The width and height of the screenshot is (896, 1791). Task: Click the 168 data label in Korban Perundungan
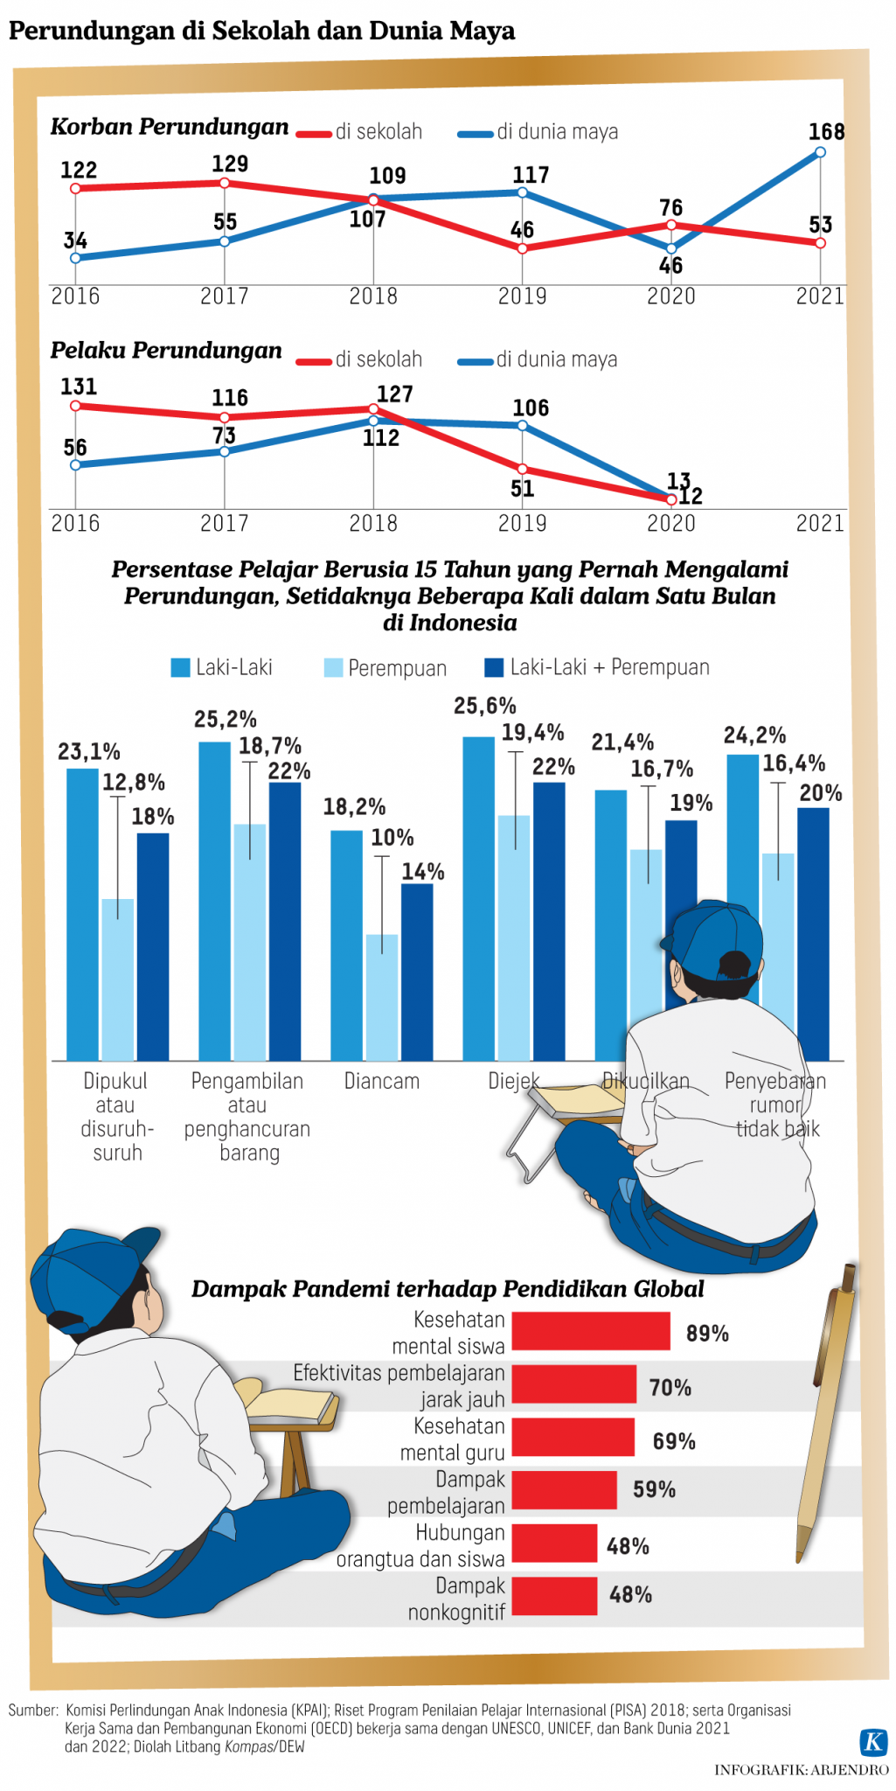point(826,132)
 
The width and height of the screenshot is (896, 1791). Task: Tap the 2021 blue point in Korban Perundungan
point(820,152)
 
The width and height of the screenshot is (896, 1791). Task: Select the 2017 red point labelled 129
point(225,183)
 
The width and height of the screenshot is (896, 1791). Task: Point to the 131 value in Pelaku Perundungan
point(79,387)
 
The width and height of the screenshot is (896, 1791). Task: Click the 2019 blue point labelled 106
point(522,426)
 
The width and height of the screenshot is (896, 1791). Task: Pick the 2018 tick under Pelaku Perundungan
point(373,523)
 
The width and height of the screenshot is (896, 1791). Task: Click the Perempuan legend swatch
point(333,668)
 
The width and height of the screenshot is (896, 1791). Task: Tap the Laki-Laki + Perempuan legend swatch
point(494,668)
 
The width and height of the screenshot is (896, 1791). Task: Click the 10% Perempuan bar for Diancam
point(382,997)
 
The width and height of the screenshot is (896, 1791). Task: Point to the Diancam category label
point(382,1081)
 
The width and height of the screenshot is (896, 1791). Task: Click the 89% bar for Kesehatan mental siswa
point(591,1332)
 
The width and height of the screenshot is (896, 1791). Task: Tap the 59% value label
point(654,1489)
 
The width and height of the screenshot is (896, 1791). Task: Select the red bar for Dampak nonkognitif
point(554,1596)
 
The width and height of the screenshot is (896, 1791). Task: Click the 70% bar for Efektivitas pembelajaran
point(573,1385)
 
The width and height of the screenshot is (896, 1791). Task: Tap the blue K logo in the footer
point(873,1741)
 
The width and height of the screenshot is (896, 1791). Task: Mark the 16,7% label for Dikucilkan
point(662,770)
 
